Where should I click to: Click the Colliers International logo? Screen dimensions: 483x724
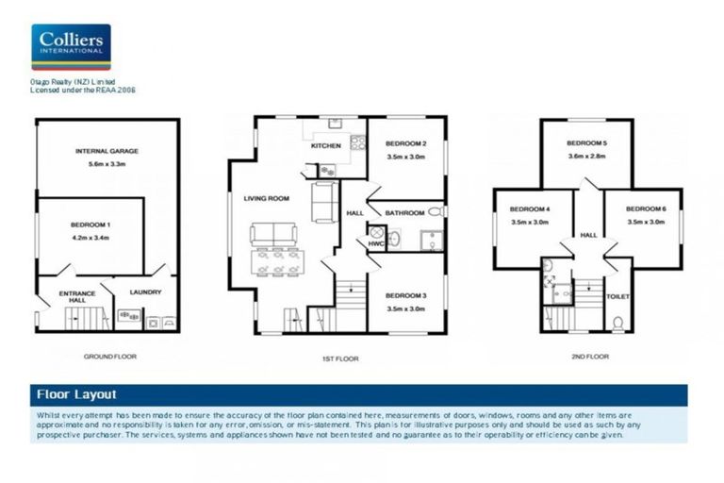(x=71, y=47)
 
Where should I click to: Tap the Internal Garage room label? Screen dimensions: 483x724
(x=107, y=151)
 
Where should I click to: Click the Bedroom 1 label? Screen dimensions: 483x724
(x=90, y=225)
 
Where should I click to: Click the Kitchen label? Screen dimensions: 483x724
(x=325, y=146)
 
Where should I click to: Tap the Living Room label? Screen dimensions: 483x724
(x=266, y=198)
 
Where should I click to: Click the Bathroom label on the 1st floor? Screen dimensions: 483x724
(x=403, y=213)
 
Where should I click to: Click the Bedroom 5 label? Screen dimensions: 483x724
(x=586, y=143)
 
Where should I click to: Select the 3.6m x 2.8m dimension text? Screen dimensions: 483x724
(x=586, y=157)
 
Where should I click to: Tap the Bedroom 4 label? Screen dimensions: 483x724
(x=529, y=208)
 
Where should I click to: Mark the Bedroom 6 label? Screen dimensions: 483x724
(x=645, y=208)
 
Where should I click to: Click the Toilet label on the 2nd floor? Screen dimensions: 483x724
(x=617, y=296)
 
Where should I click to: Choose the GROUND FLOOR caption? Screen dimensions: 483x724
(x=110, y=358)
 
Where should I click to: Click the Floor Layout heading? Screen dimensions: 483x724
(x=76, y=394)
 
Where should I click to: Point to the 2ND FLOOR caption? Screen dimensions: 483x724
(x=589, y=358)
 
